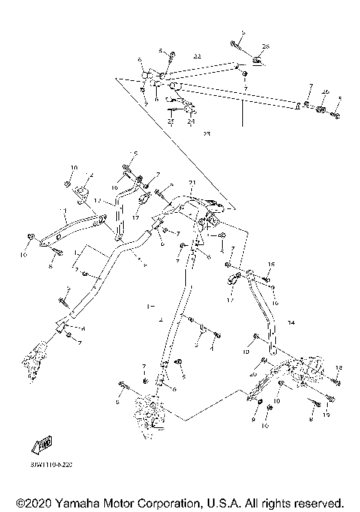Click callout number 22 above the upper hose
click(x=197, y=56)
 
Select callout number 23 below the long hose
click(x=207, y=133)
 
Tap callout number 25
click(x=171, y=121)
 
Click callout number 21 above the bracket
click(x=191, y=182)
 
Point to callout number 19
click(x=326, y=414)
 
